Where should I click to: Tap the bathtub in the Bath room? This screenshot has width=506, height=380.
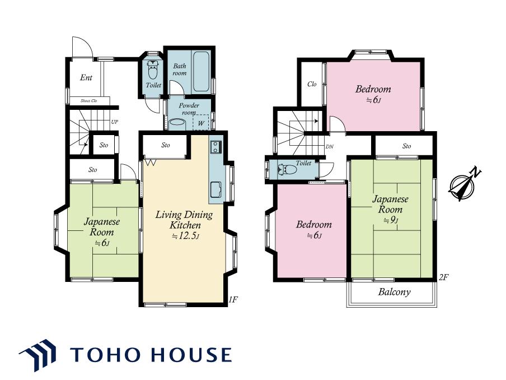pos(201,72)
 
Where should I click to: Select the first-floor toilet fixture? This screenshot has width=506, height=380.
pos(153,70)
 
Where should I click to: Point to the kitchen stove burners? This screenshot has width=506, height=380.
pos(215,147)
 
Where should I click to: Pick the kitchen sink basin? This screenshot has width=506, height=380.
pos(215,189)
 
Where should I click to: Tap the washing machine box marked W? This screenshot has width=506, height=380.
pos(201,123)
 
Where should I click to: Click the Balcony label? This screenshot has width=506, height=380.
pos(395,292)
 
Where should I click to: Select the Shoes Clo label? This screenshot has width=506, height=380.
pos(89,101)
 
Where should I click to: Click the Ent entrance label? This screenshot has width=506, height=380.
pos(86,77)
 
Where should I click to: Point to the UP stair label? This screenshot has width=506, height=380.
pos(115,122)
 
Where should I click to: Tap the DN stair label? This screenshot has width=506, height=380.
pos(330,147)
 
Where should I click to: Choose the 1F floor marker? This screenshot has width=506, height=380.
pos(233,299)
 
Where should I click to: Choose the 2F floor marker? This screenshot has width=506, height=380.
pos(444,277)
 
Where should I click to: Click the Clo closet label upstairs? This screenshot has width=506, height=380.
pos(312,84)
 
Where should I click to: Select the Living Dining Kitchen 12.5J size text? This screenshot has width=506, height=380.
pos(185,236)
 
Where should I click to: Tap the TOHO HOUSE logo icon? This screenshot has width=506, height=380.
pos(38,355)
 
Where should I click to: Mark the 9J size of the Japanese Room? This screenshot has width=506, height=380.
pos(391,220)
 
